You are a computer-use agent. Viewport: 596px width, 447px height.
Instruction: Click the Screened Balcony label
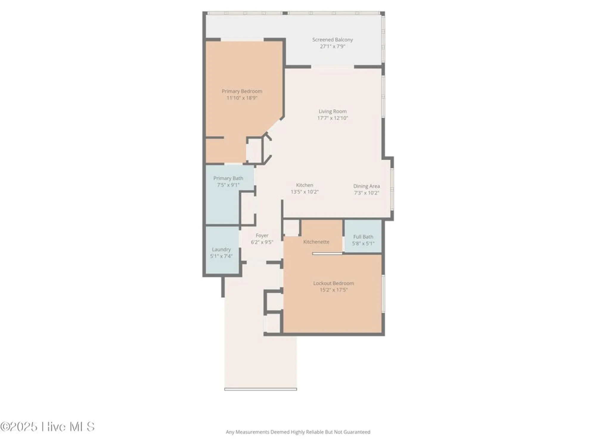[x=332, y=40]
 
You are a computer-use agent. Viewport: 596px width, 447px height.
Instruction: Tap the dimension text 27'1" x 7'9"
[x=332, y=46]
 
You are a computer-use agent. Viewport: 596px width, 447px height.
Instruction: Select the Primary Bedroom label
[x=242, y=91]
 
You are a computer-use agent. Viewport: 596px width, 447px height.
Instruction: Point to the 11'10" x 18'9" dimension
[x=242, y=98]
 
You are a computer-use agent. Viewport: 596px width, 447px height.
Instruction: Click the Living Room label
[x=332, y=111]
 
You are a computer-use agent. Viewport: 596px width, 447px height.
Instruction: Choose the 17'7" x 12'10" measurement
[x=332, y=118]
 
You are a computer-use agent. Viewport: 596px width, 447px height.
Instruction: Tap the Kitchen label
[x=304, y=185]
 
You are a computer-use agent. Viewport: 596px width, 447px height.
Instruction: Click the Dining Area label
[x=366, y=186]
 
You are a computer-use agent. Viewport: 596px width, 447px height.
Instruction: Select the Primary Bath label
[x=228, y=178]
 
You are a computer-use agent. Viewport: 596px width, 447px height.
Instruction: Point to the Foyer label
[x=262, y=235]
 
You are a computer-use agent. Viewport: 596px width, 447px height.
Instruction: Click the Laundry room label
[x=221, y=249]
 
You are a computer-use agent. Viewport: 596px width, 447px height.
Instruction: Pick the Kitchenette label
[x=316, y=242]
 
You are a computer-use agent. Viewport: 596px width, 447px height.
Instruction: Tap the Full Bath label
[x=363, y=237]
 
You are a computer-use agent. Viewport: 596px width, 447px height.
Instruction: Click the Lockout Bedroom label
[x=333, y=283]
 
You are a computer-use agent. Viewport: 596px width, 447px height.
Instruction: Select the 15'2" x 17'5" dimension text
[x=333, y=290]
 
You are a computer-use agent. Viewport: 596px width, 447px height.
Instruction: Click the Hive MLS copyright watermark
[x=48, y=427]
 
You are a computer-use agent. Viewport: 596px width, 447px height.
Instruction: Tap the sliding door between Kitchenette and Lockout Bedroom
[x=327, y=254]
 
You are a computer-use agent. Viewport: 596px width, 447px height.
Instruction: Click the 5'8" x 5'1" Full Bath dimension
[x=363, y=243]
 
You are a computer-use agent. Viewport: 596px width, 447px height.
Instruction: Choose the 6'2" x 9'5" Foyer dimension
[x=262, y=242]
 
